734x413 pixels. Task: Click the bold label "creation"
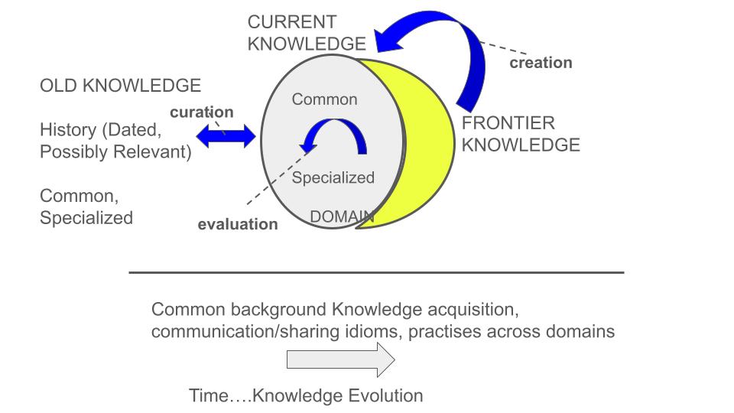(541, 63)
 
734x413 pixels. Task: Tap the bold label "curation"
(202, 112)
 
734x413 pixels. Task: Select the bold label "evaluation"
(238, 224)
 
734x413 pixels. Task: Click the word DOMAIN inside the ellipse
(343, 216)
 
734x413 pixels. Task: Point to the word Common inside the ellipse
(324, 99)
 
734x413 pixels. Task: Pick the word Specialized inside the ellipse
(333, 178)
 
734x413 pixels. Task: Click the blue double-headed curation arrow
(226, 137)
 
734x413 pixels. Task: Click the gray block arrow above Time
(341, 359)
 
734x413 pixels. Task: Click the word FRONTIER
(508, 123)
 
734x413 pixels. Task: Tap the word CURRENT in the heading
(291, 22)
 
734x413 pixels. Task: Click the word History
(68, 130)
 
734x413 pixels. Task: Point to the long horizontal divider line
(376, 272)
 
